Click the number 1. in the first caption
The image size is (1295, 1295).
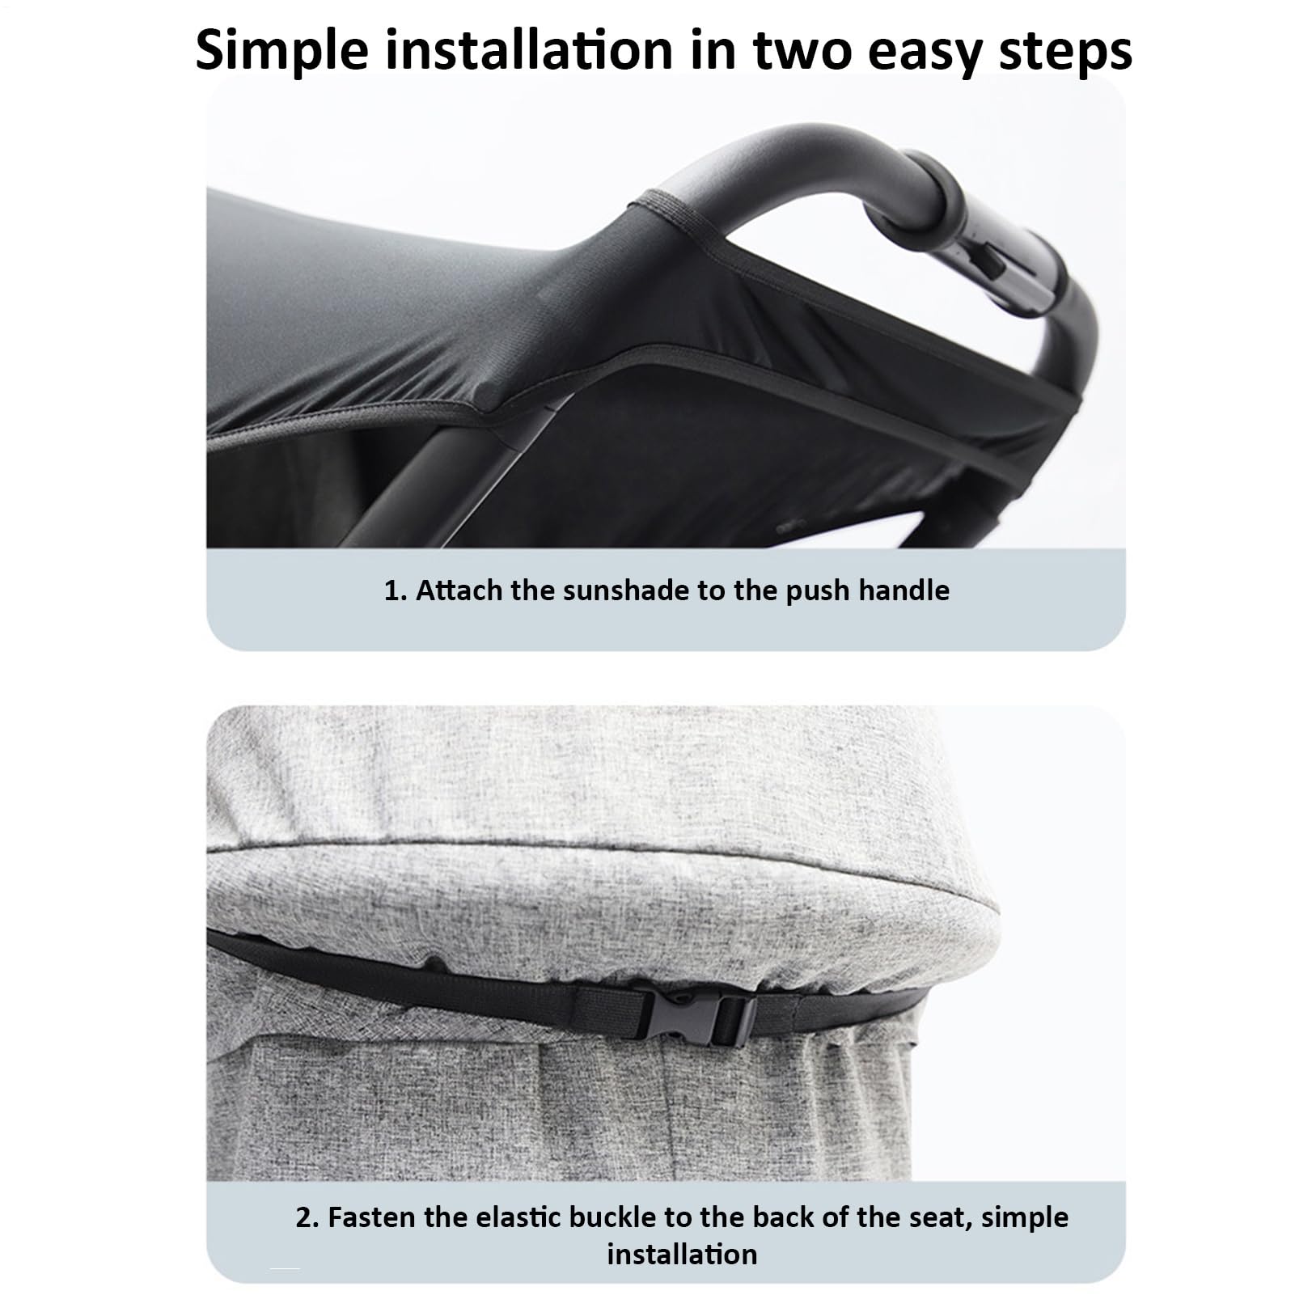[396, 590]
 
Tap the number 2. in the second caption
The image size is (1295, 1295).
[307, 1217]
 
